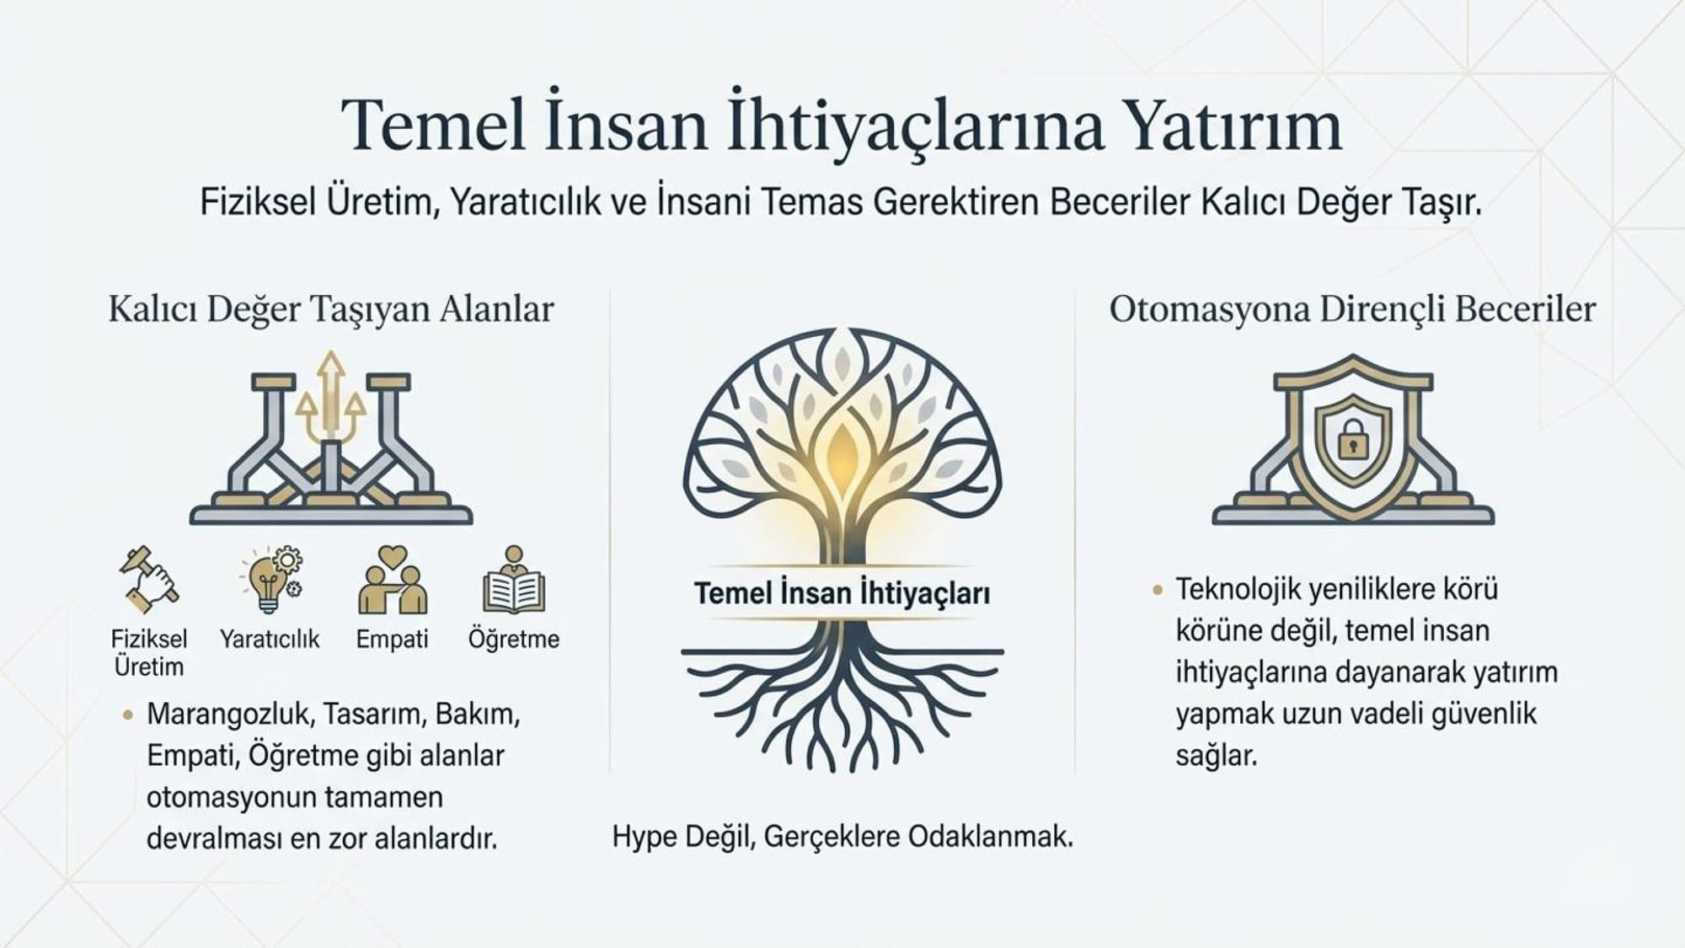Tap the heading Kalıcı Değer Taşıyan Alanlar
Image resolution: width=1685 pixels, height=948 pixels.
[331, 309]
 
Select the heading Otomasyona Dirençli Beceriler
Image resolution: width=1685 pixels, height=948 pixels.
[1352, 309]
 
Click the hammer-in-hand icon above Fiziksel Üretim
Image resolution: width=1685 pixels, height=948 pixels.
[149, 579]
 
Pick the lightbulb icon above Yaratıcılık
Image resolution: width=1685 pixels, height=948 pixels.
[270, 579]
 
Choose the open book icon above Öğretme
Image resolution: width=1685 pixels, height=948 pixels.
[514, 581]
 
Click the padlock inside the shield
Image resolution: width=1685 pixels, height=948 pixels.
[1353, 439]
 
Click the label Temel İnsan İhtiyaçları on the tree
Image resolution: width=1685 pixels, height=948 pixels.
[842, 593]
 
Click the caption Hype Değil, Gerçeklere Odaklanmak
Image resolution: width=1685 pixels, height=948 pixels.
[842, 837]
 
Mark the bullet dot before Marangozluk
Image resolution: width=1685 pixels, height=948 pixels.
[128, 715]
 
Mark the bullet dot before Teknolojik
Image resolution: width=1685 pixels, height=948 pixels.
[1158, 590]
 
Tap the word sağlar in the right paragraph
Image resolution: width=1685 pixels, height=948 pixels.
[1216, 756]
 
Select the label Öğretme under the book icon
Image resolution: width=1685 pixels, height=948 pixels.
[514, 639]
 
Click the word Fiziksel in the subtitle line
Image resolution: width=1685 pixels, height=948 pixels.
[258, 202]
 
